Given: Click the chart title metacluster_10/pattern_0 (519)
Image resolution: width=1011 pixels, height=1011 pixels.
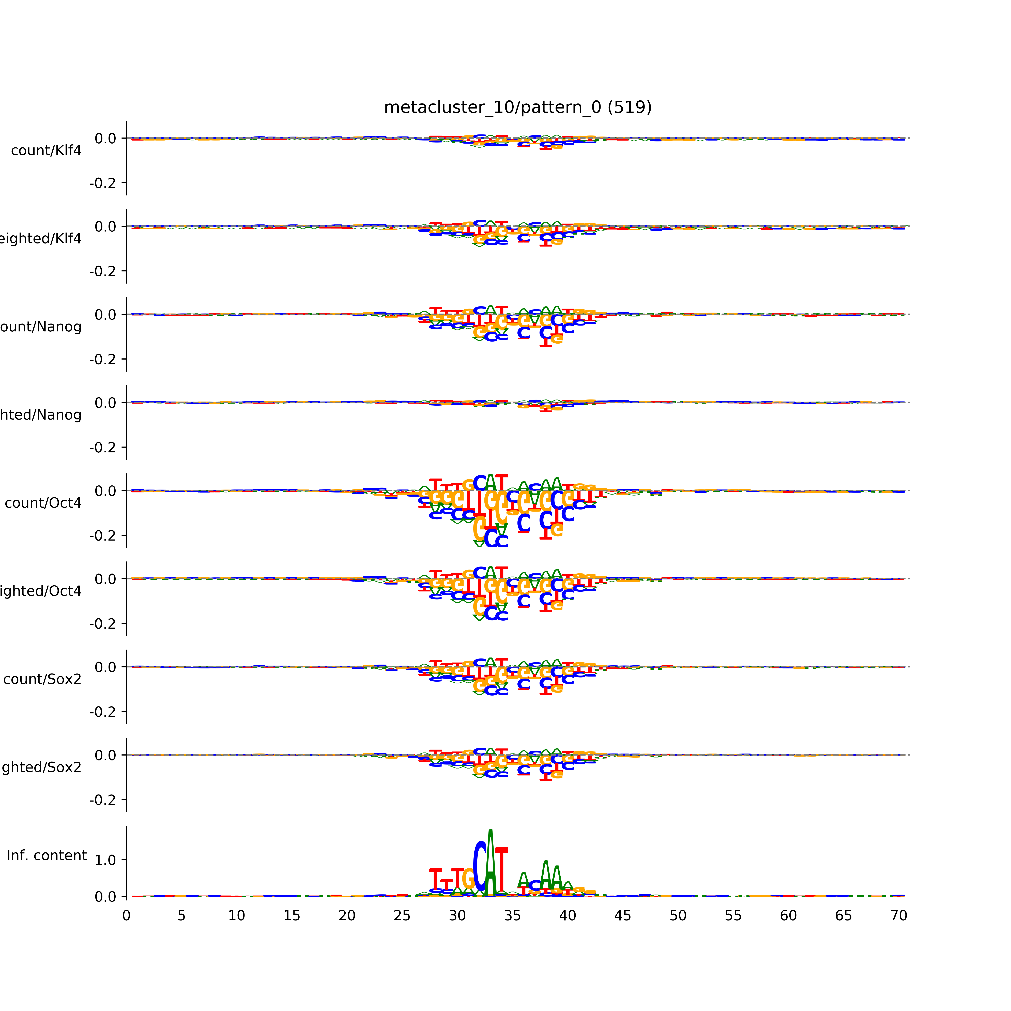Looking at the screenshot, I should coord(517,107).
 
